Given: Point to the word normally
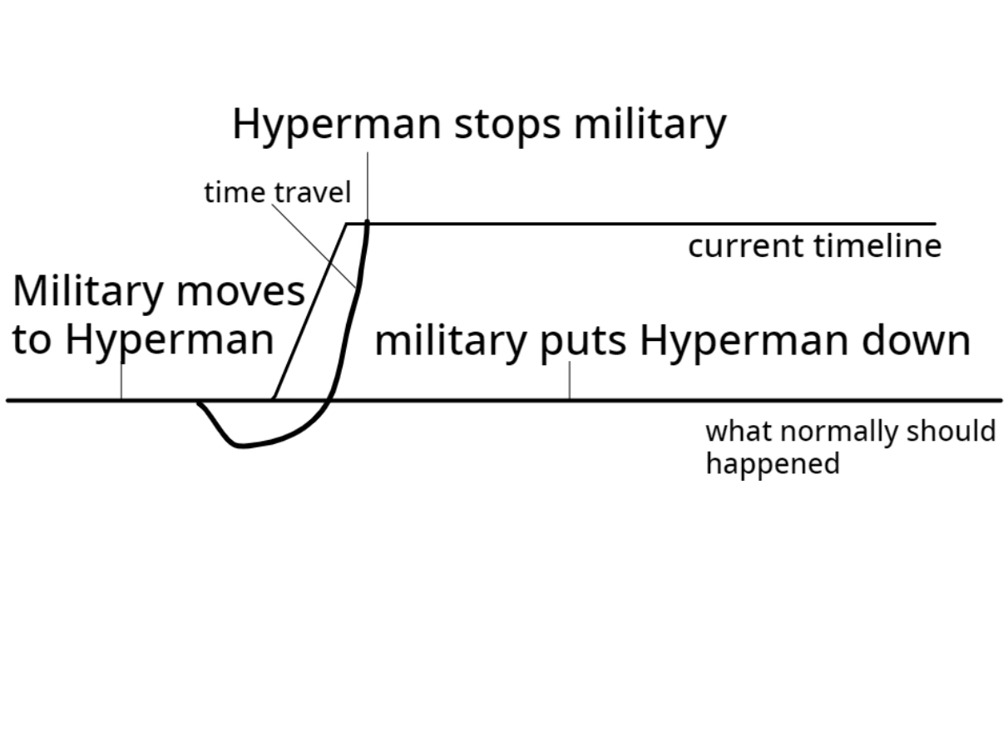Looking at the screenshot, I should [x=830, y=432].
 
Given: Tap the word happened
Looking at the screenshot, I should [x=773, y=463].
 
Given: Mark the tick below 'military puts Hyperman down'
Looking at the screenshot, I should [x=570, y=382].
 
